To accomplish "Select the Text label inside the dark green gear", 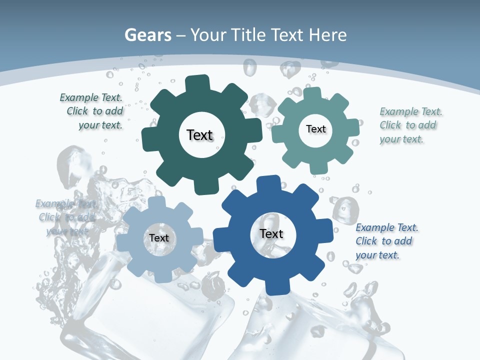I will click(x=200, y=135).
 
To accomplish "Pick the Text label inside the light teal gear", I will click(x=316, y=129).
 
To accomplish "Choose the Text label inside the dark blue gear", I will click(x=271, y=233).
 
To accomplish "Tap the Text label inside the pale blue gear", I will click(x=159, y=238).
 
